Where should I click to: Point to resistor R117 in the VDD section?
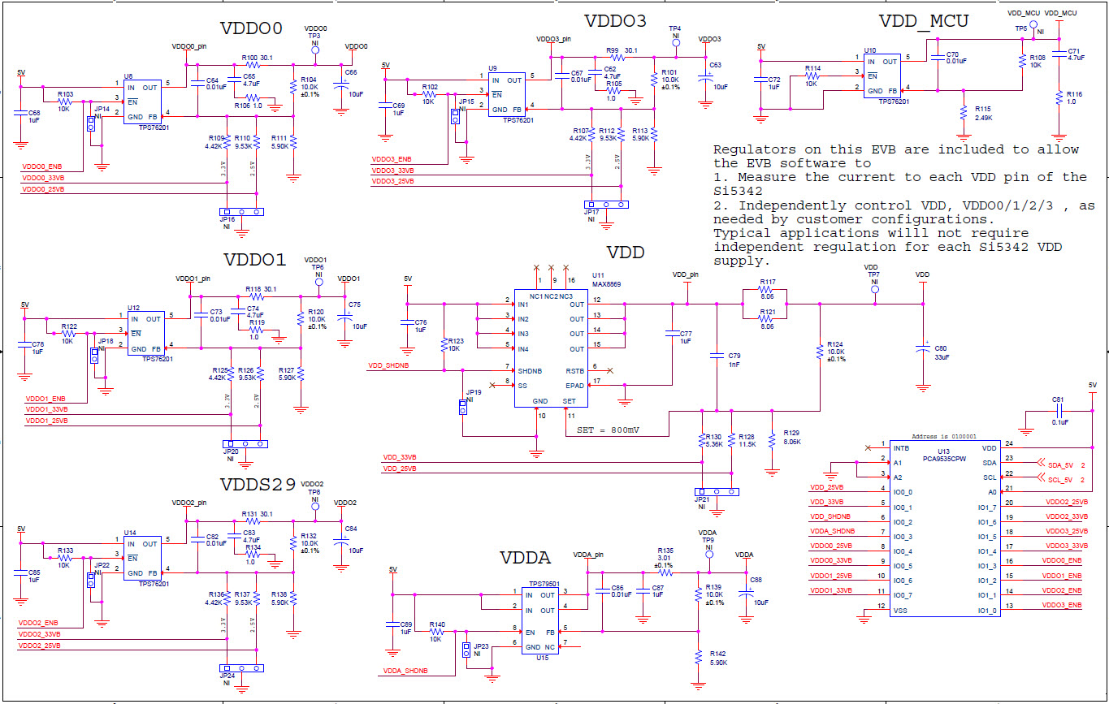coord(767,290)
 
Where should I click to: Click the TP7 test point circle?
coord(875,290)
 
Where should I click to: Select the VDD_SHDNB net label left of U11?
coord(388,365)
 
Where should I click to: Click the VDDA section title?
coord(525,558)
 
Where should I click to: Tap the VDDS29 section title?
coord(258,485)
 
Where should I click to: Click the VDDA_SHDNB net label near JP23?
coord(404,672)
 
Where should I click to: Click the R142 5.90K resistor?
coord(698,658)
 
